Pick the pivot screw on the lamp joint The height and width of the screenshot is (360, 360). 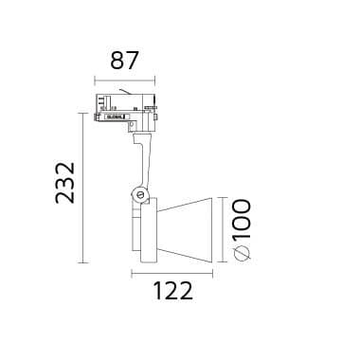[x=141, y=195]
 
